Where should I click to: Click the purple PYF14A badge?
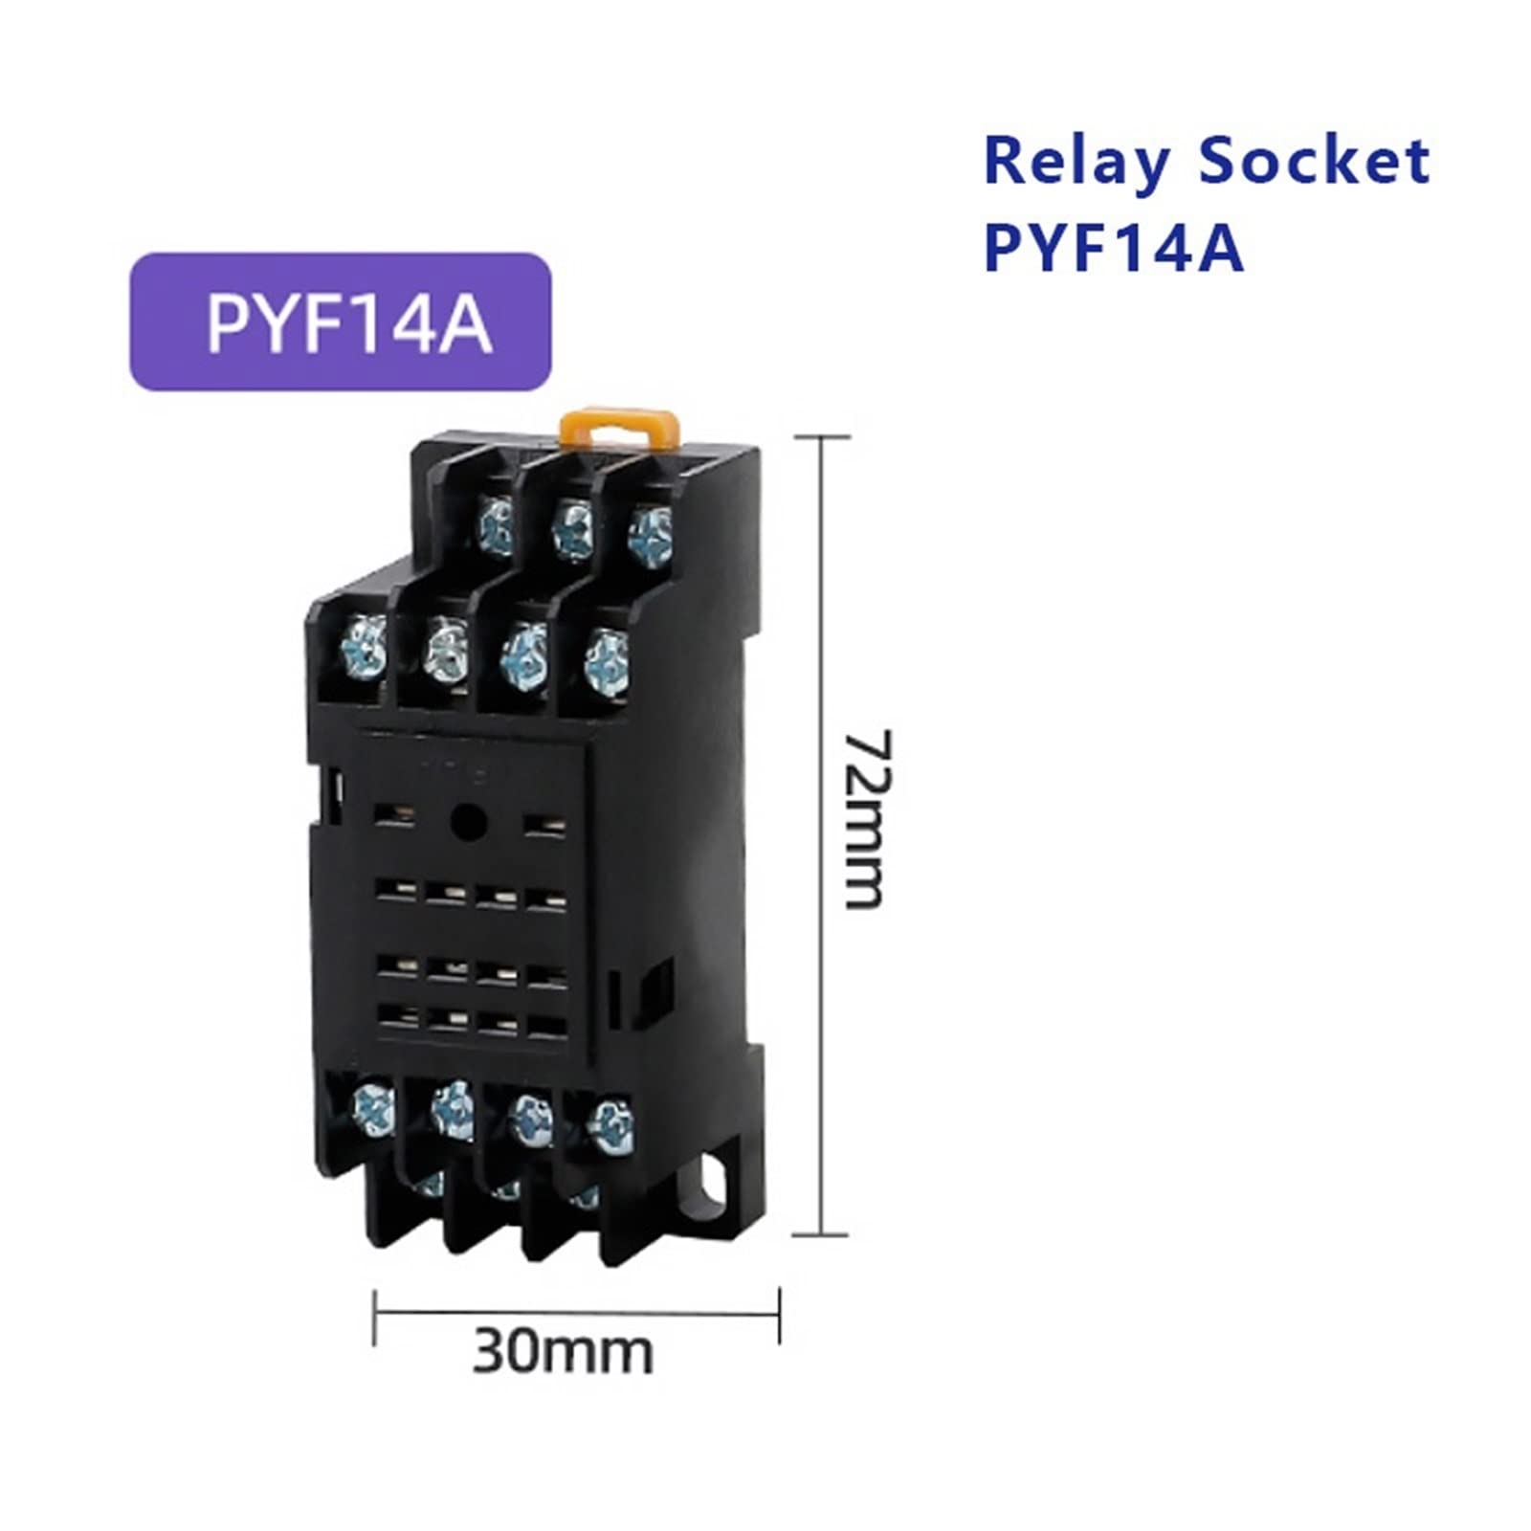coord(340,322)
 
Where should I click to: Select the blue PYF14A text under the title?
coord(1113,247)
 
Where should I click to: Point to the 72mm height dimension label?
coord(868,818)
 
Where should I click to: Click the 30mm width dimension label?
coord(563,1352)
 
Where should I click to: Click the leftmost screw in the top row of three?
coord(497,525)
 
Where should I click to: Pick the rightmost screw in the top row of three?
coord(650,532)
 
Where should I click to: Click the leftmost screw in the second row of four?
coord(365,645)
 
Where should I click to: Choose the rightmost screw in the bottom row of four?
coord(610,1126)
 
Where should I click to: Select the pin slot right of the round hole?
coord(542,822)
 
